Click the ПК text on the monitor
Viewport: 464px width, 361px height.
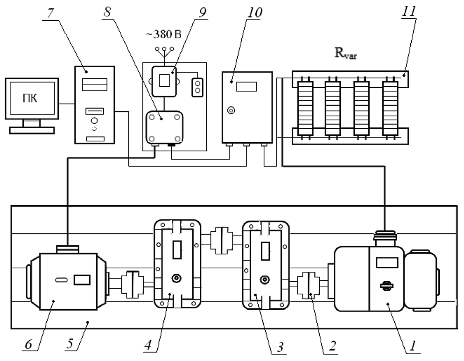click(x=30, y=98)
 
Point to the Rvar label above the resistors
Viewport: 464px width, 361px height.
click(x=345, y=53)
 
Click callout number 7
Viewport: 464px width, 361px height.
click(x=49, y=14)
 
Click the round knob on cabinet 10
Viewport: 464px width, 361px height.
click(x=231, y=111)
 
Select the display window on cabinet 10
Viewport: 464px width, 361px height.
click(x=246, y=87)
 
